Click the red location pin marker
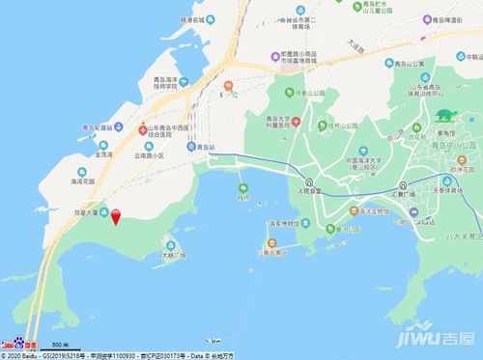tap(116, 216)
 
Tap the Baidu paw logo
tap(19, 345)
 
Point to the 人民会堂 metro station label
tap(307, 191)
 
